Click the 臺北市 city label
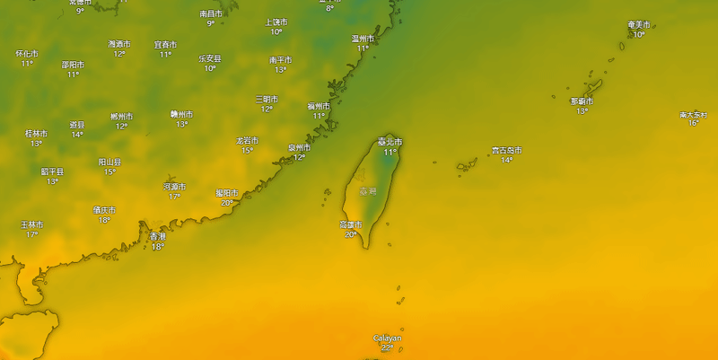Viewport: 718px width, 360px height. [390, 142]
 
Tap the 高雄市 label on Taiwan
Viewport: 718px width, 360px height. [350, 224]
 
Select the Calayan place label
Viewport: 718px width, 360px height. [388, 338]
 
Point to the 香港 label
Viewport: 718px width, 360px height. [158, 236]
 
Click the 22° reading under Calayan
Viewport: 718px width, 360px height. [388, 348]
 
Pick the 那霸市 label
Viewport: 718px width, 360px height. [582, 101]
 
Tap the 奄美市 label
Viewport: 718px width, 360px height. [638, 24]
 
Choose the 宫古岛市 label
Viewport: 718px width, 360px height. [506, 150]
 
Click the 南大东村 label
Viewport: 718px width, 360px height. [694, 114]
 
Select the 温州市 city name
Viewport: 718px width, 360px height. [363, 39]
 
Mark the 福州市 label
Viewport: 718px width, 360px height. [319, 106]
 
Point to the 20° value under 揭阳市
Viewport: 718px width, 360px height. [227, 203]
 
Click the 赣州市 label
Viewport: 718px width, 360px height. [181, 114]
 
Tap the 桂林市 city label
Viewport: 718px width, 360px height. [36, 134]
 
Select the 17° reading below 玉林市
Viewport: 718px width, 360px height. [31, 235]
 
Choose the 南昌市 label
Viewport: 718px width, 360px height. [211, 13]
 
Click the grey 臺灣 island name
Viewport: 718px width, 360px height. [368, 191]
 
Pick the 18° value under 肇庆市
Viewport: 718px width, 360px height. [104, 220]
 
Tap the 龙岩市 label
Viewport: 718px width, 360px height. [247, 141]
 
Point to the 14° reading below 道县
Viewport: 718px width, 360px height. [77, 135]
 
